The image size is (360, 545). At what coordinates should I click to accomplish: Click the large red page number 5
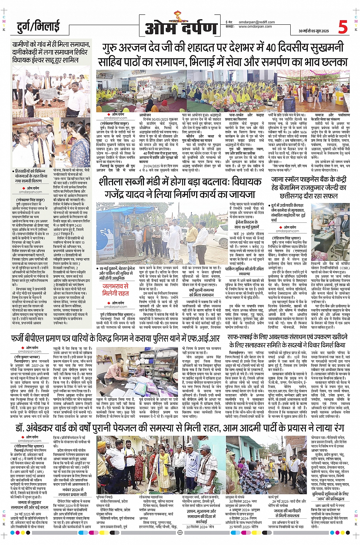coord(343,27)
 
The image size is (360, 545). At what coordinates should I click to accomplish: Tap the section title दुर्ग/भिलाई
coord(38,27)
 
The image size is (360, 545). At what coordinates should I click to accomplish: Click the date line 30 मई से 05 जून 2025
coord(314,31)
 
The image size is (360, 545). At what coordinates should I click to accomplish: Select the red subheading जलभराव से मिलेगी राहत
coord(115,289)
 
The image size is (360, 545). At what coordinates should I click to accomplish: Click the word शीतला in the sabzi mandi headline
coord(114,182)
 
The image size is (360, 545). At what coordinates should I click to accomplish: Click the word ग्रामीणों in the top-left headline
coord(25,45)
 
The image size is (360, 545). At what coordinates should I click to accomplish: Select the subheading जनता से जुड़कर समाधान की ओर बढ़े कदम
coord(29,505)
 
